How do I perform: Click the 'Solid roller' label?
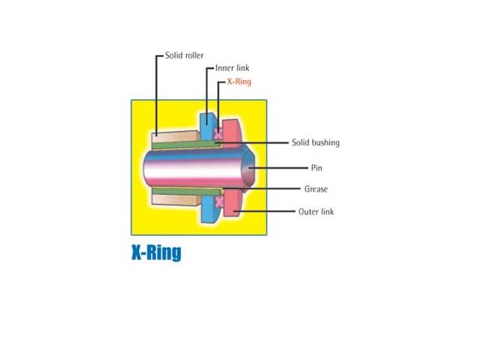184,55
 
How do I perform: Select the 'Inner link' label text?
232,68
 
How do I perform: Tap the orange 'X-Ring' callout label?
239,82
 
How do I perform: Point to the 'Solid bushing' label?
316,142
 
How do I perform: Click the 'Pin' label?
317,167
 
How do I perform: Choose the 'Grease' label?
316,189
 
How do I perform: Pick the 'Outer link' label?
316,212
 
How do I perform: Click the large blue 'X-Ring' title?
157,252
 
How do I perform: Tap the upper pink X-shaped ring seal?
217,134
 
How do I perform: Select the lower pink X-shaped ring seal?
220,202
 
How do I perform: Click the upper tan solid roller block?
175,137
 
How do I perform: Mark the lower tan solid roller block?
175,200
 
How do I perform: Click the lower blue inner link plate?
209,209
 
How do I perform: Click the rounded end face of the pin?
248,167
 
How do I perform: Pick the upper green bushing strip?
187,144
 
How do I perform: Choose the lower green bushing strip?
187,192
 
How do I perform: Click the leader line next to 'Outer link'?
264,211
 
